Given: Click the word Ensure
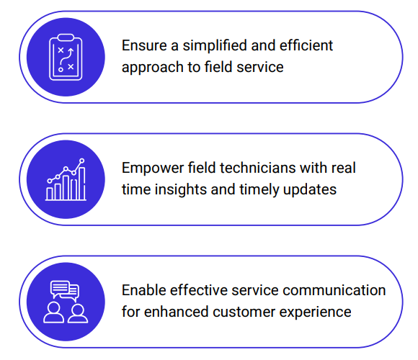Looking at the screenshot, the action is (x=144, y=45).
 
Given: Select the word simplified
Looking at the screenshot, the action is (x=215, y=45).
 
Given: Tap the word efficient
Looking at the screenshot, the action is (x=306, y=45).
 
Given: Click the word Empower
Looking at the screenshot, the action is (x=153, y=168).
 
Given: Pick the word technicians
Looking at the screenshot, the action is (x=258, y=168).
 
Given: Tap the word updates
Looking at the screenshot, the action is (x=309, y=190).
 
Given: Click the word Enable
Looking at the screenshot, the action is (x=144, y=290).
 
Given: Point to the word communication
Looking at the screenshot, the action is (x=334, y=290).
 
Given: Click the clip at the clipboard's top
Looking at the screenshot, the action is (x=66, y=37).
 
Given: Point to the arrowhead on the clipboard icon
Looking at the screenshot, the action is (x=71, y=50).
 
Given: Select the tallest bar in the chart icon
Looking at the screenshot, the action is (x=82, y=183).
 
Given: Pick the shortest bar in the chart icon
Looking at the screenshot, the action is (x=49, y=194).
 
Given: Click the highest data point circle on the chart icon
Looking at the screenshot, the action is (x=82, y=161).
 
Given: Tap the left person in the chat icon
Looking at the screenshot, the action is (x=54, y=312).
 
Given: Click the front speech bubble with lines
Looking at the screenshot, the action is (x=60, y=288).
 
